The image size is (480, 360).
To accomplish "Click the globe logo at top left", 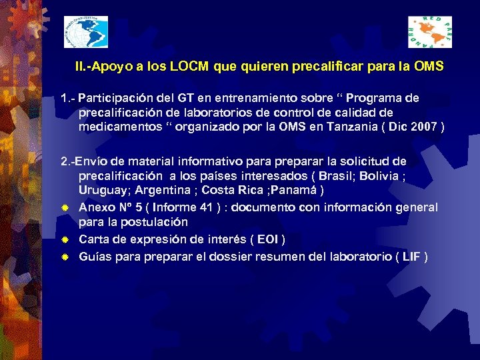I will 85,31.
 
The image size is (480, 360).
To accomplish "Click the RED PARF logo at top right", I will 430,31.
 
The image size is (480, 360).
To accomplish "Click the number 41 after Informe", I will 206,207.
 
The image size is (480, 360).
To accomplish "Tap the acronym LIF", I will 412,256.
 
